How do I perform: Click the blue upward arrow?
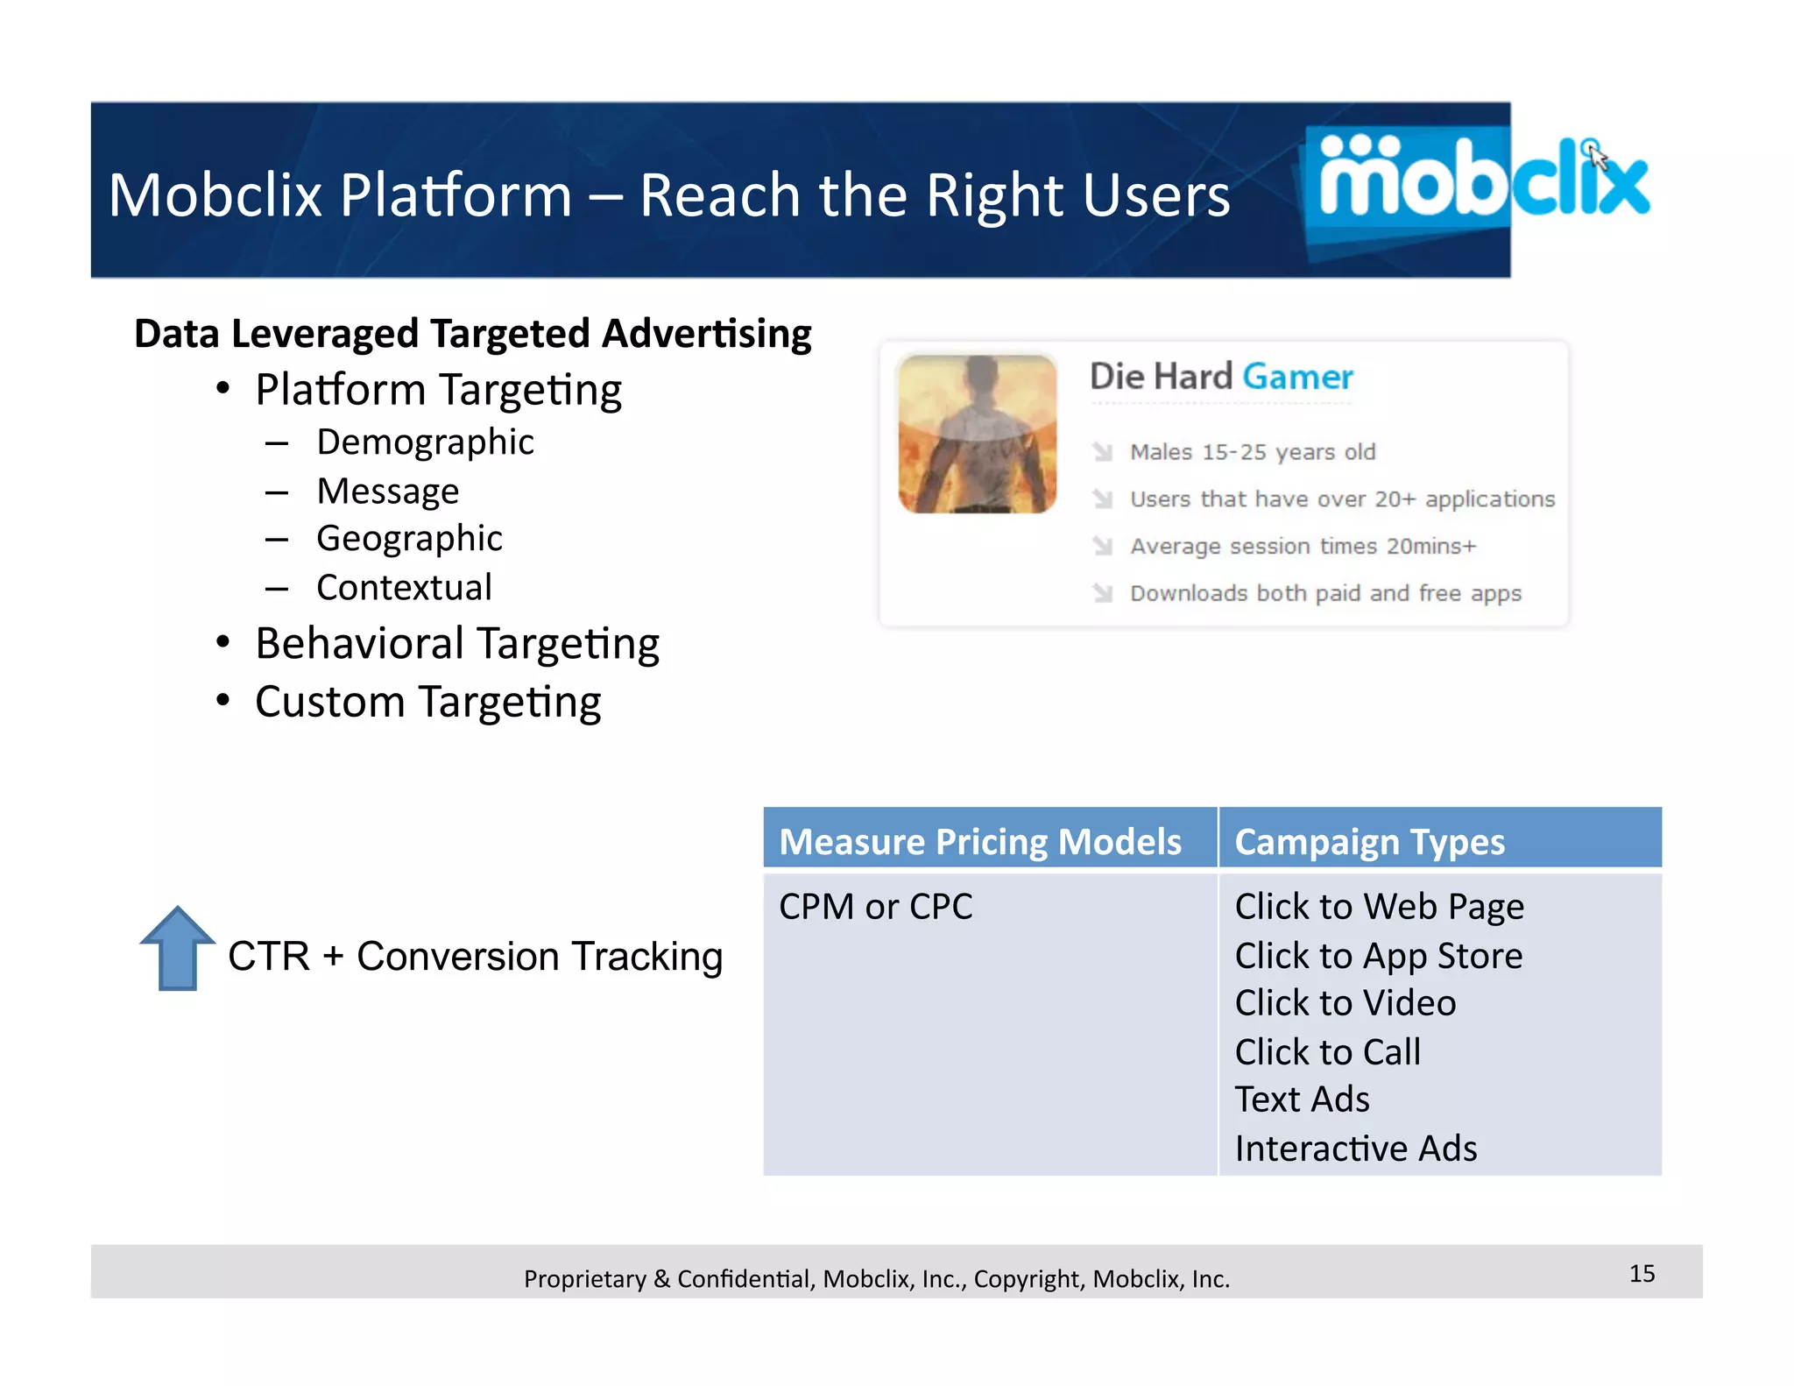(x=177, y=949)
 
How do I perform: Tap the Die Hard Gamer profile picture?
(x=977, y=434)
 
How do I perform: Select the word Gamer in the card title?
(x=1297, y=377)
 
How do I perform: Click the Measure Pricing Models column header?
(x=980, y=841)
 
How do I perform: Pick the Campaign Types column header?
(x=1369, y=841)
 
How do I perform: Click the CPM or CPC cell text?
(x=875, y=906)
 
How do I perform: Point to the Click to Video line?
(x=1345, y=1002)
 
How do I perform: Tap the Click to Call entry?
(x=1327, y=1051)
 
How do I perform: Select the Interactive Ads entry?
(x=1355, y=1148)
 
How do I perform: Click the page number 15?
(x=1642, y=1273)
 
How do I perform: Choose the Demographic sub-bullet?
(x=425, y=442)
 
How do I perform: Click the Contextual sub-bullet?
(x=404, y=587)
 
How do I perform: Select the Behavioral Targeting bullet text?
(x=457, y=644)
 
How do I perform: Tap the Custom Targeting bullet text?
(x=427, y=702)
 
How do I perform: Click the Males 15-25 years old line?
(x=1252, y=452)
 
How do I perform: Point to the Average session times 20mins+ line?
(x=1303, y=546)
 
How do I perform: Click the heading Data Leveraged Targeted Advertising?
(x=473, y=334)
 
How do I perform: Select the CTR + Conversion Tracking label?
(x=475, y=956)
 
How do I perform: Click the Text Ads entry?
(x=1302, y=1099)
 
